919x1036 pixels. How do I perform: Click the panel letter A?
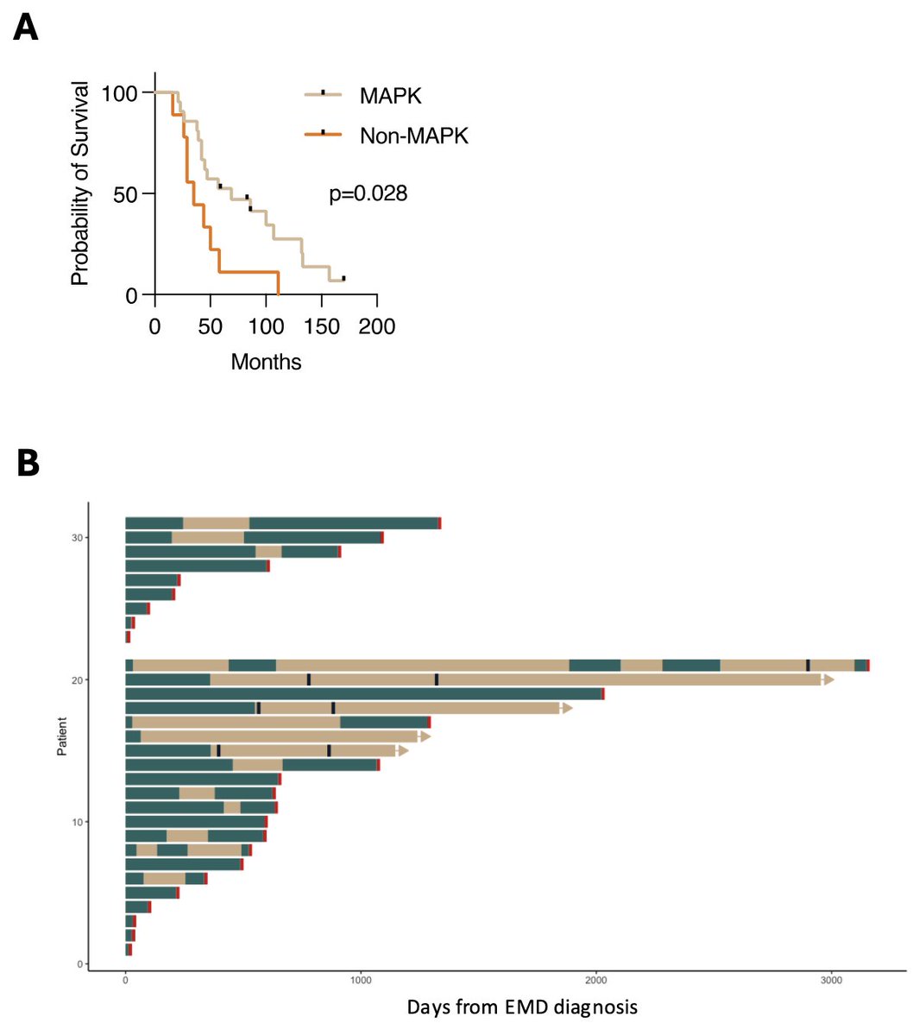point(26,28)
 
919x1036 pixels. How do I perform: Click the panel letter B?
point(28,463)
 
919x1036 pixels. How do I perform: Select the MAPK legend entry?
point(390,96)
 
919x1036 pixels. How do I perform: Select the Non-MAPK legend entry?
point(413,136)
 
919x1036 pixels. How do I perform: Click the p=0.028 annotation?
point(368,193)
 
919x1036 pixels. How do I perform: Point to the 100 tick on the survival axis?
point(119,93)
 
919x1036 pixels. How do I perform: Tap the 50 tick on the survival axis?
point(126,194)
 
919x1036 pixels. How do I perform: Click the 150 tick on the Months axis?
point(321,327)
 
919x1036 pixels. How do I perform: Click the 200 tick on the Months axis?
point(377,327)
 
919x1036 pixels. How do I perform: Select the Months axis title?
point(266,362)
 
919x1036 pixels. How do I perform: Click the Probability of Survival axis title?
point(80,183)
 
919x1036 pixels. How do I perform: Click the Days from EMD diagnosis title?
point(522,1007)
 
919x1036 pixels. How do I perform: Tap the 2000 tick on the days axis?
point(596,980)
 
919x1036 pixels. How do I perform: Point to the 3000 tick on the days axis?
point(831,980)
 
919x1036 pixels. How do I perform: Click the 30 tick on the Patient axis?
point(78,538)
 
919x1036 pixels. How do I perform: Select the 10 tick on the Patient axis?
point(78,822)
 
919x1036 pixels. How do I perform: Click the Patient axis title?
point(62,736)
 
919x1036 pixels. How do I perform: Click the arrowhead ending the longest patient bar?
point(828,679)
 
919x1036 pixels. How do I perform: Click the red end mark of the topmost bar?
point(440,523)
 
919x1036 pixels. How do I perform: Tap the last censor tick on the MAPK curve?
point(343,278)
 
